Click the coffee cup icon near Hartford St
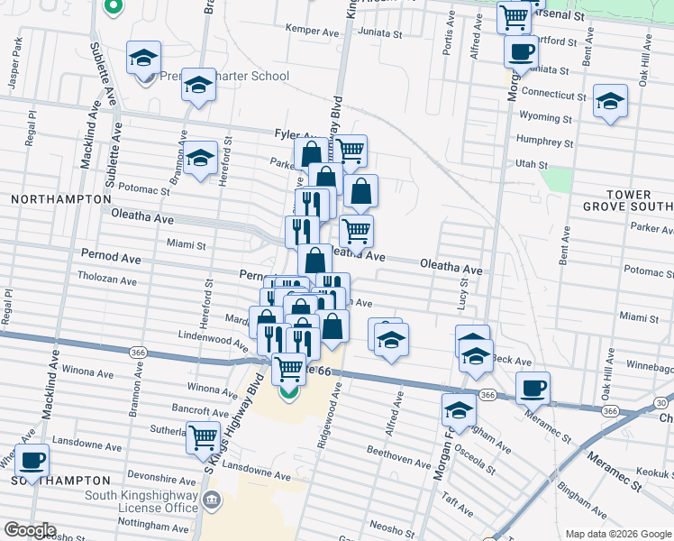click(x=520, y=50)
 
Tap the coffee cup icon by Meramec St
click(x=533, y=388)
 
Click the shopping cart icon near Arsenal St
click(x=513, y=15)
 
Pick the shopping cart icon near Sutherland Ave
click(x=204, y=436)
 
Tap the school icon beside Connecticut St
click(x=610, y=101)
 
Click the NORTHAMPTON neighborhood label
click(x=50, y=197)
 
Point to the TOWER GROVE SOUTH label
click(x=641, y=201)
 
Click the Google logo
click(x=29, y=530)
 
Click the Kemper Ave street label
click(x=304, y=29)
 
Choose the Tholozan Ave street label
click(x=106, y=280)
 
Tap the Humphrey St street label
click(x=545, y=142)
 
